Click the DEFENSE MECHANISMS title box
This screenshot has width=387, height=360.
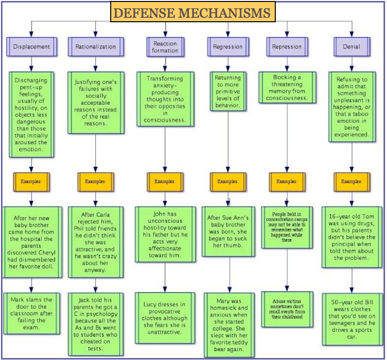(x=193, y=12)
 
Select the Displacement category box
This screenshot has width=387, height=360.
(x=32, y=47)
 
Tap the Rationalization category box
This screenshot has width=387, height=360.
(x=95, y=47)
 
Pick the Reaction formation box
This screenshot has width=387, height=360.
(x=165, y=47)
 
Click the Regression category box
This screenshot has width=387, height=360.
(x=228, y=47)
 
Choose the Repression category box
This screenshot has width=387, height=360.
(x=287, y=47)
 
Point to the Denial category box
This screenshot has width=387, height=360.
(x=351, y=47)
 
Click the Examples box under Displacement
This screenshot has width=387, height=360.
(x=31, y=181)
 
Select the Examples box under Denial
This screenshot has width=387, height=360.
(x=351, y=181)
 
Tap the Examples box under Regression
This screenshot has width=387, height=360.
(x=228, y=181)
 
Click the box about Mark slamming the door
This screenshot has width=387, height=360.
(x=32, y=313)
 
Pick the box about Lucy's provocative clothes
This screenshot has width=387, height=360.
(x=165, y=318)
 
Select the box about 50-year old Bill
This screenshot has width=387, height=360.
(x=351, y=319)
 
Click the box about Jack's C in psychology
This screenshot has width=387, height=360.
(x=95, y=324)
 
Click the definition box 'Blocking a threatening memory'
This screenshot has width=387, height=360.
(x=287, y=88)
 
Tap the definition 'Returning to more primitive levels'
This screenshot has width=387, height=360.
(x=228, y=91)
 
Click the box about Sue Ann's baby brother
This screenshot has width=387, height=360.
(x=228, y=231)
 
